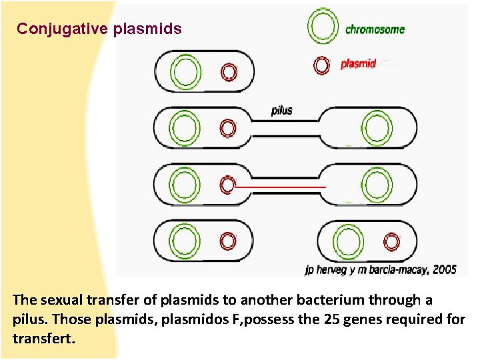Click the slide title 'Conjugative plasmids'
pos(99,29)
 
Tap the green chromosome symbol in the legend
pos(322,28)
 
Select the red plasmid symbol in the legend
pos(322,65)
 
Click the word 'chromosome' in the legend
pos(375,29)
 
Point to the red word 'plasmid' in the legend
pos(359,64)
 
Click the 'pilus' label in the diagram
pos(282,110)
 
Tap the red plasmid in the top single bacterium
pos(228,72)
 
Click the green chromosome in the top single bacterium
pos(185,72)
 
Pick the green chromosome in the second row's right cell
pos(377,127)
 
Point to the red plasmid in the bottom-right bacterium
pos(391,241)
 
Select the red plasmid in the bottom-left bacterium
pos(228,241)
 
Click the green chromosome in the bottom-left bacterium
pos(185,241)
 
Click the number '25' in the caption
pos(329,319)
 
